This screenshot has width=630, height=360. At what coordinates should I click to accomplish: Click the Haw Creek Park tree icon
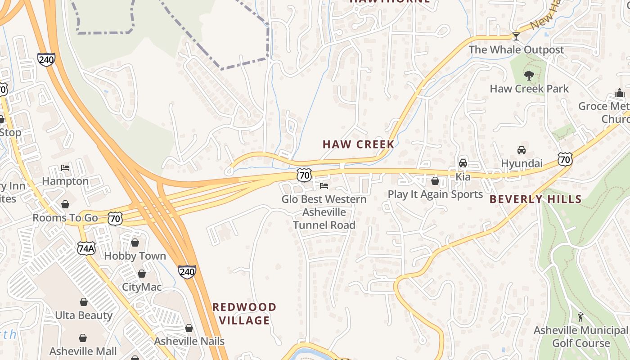click(529, 75)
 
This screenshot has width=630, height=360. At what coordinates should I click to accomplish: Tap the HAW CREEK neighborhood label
click(358, 144)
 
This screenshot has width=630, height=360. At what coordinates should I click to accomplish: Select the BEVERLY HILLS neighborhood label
click(535, 199)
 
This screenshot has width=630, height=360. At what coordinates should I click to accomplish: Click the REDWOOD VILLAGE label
click(244, 314)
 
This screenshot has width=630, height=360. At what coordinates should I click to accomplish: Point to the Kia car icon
click(463, 163)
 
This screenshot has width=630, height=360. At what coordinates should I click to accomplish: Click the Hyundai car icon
click(522, 150)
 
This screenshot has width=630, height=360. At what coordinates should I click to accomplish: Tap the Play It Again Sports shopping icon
click(435, 181)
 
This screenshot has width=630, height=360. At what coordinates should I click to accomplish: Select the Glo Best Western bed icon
click(324, 185)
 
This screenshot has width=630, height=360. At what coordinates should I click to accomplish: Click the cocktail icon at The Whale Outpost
click(516, 36)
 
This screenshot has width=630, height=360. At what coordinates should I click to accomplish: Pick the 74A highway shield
click(86, 248)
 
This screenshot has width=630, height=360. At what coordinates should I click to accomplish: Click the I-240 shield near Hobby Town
click(187, 271)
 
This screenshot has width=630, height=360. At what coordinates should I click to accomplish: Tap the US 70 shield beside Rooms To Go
click(115, 219)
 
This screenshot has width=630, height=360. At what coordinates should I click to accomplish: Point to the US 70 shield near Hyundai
click(565, 159)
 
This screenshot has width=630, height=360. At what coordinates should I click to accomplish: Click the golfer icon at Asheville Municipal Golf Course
click(580, 317)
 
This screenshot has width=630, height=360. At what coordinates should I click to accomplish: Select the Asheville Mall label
click(83, 351)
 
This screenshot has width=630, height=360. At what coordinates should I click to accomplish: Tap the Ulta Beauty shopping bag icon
click(83, 302)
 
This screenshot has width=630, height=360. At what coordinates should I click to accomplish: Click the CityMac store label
click(142, 287)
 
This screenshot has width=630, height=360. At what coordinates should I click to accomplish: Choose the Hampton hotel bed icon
click(65, 168)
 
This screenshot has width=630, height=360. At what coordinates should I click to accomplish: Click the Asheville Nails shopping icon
click(189, 328)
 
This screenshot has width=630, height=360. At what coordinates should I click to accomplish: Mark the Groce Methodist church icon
click(620, 93)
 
